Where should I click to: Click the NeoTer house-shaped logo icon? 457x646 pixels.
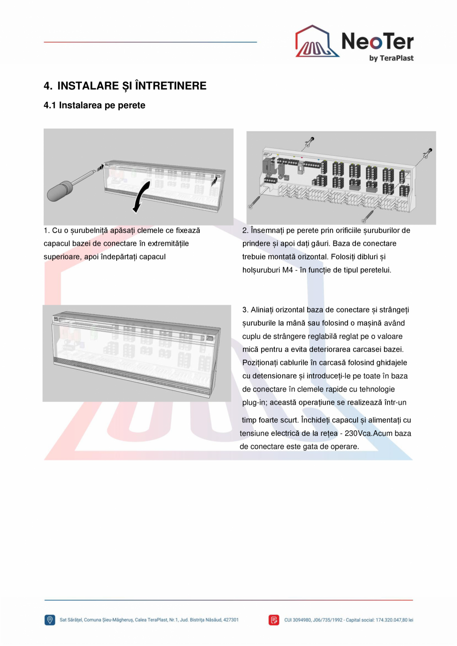[x=317, y=42]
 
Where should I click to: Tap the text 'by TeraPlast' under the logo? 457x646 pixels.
[x=391, y=58]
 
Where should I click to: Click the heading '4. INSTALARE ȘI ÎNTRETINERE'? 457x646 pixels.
[x=125, y=86]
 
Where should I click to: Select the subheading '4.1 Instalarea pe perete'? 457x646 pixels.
[x=94, y=105]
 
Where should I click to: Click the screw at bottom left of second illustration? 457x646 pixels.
[x=253, y=203]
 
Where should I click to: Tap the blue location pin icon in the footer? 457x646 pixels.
[x=50, y=620]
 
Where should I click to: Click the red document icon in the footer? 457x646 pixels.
[x=274, y=620]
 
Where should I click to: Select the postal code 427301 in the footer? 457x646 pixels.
[x=231, y=620]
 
